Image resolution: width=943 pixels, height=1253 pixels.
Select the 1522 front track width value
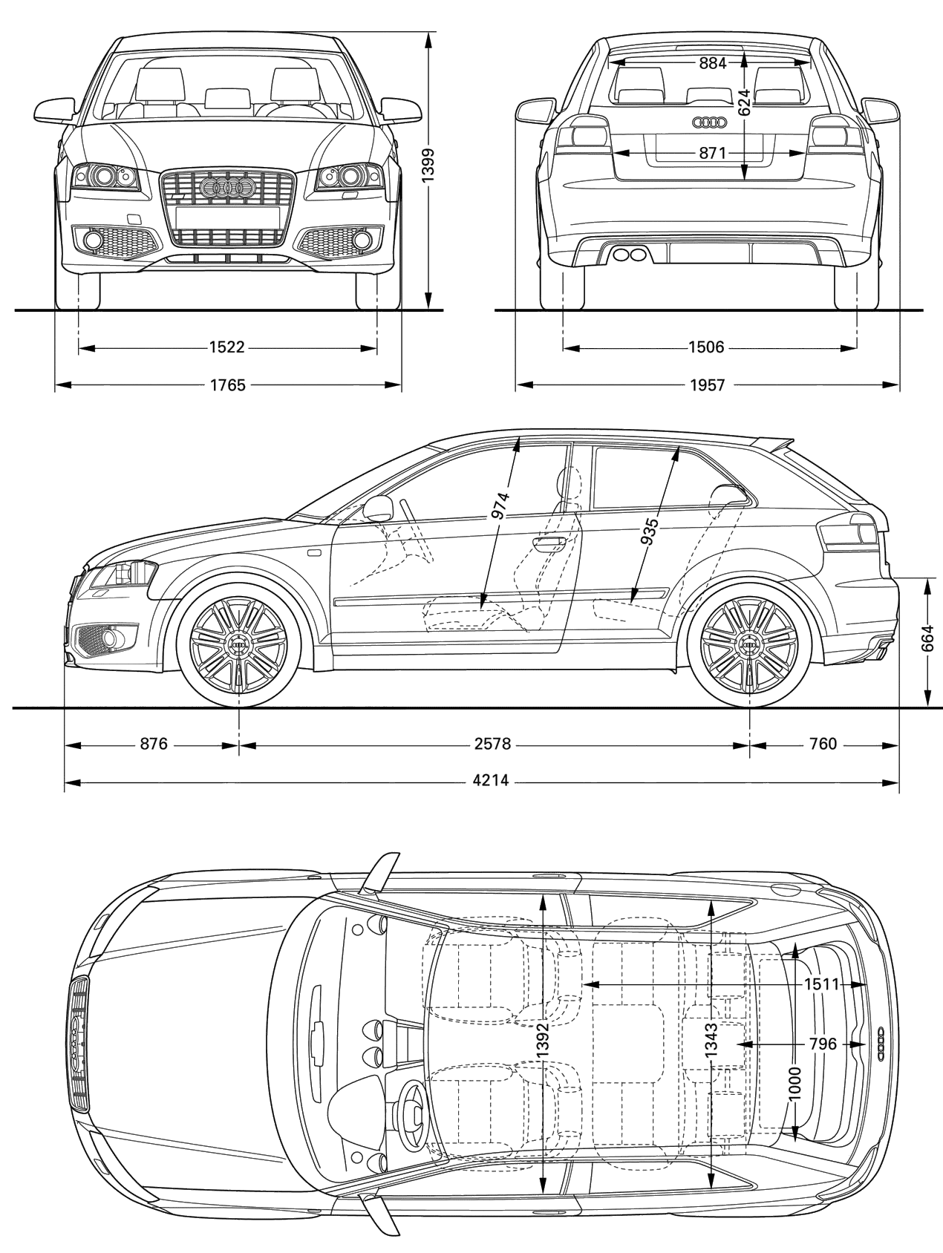[x=227, y=347]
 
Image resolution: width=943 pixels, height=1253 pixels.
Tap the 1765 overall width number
[x=227, y=385]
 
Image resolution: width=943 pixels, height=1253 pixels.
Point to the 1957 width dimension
[x=706, y=385]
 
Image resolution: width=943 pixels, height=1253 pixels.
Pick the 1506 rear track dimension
[x=706, y=347]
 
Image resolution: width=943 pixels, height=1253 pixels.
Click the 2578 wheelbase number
[x=493, y=744]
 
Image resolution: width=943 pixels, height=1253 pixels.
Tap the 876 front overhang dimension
[x=154, y=744]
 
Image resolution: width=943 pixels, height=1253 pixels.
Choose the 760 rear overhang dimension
[x=822, y=744]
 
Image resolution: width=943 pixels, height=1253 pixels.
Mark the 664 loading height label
[x=927, y=638]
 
